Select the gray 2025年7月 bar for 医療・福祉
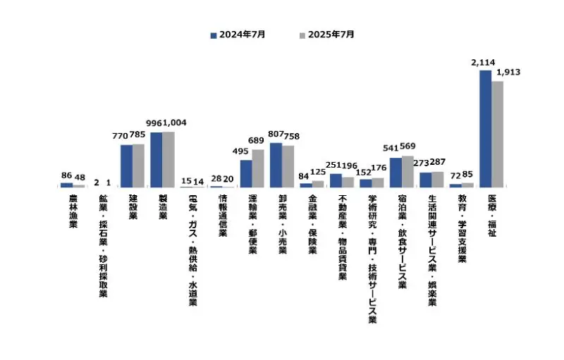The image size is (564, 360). (498, 134)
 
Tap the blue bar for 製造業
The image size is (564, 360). (156, 159)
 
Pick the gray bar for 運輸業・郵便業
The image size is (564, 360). (258, 168)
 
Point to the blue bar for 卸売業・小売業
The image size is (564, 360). (276, 165)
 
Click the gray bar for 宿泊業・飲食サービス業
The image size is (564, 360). (407, 171)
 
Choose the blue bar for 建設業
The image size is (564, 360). (126, 166)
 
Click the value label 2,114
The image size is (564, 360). (483, 63)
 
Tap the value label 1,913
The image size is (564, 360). (508, 73)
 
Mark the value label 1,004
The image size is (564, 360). (175, 123)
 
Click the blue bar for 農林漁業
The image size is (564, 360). (66, 185)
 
